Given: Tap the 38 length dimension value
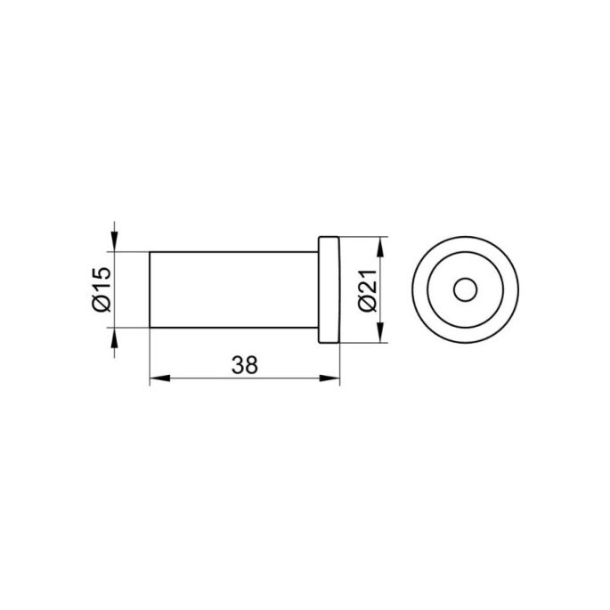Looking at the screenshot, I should pyautogui.click(x=245, y=364).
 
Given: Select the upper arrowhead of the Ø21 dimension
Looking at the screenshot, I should pyautogui.click(x=381, y=245).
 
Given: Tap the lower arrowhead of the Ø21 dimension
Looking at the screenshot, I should pyautogui.click(x=381, y=336).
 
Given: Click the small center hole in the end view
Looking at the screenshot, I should pyautogui.click(x=464, y=290).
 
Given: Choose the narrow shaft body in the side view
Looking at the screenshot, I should pyautogui.click(x=232, y=290).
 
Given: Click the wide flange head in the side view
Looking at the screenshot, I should pyautogui.click(x=329, y=290).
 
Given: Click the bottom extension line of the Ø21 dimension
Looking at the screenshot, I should pyautogui.click(x=361, y=344).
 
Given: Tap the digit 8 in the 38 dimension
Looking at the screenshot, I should pyautogui.click(x=253, y=364).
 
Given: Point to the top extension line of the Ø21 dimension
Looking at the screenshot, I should pyautogui.click(x=361, y=237).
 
